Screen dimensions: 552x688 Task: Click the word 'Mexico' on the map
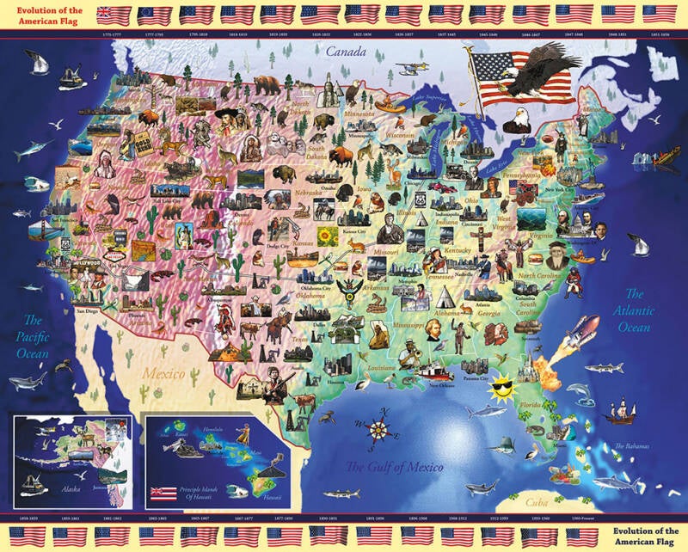[x=163, y=374]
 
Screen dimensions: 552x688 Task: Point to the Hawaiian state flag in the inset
[x=163, y=493]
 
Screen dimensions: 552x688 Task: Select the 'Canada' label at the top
[x=345, y=52]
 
